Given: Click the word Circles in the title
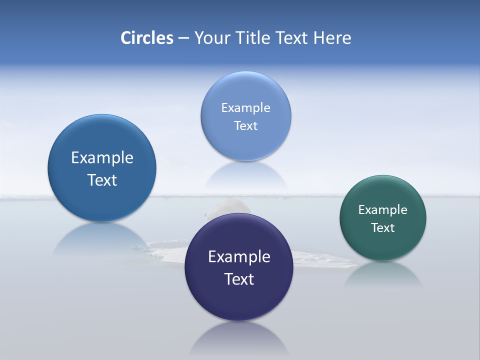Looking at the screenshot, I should click(x=147, y=38).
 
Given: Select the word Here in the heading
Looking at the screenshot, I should click(x=332, y=38).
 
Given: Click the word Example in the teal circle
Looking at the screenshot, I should click(x=383, y=210).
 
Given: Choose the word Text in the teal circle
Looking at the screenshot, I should click(x=383, y=228).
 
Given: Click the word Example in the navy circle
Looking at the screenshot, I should click(x=239, y=257).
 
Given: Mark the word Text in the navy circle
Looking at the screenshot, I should click(x=239, y=279).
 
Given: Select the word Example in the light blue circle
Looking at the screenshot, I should click(x=245, y=108).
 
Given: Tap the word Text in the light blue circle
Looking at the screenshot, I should click(x=245, y=126).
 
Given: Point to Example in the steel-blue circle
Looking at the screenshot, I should click(x=102, y=158).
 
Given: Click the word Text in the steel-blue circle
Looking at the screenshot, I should click(x=102, y=180).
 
